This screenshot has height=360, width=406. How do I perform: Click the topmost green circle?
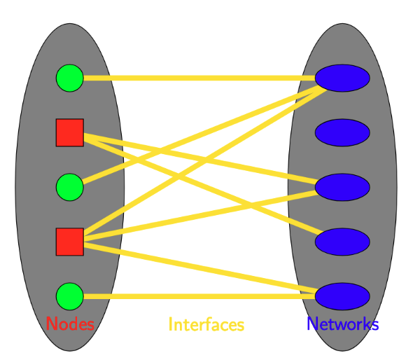[x=69, y=78]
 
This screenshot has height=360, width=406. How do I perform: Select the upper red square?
[x=69, y=132]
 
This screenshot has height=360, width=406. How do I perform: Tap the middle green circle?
[x=69, y=187]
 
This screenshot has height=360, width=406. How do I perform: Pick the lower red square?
[x=69, y=242]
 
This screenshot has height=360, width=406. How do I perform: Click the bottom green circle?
[x=69, y=296]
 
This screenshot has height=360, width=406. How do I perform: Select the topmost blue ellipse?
[x=342, y=78]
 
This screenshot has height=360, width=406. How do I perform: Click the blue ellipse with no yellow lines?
[x=342, y=132]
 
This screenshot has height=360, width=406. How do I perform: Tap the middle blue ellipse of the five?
[x=342, y=187]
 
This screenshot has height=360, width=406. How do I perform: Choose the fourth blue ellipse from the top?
[x=342, y=242]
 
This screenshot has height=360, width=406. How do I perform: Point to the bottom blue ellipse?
[x=342, y=296]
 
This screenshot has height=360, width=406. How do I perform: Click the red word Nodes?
[x=70, y=324]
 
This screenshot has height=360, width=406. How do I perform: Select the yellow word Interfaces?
[x=206, y=325]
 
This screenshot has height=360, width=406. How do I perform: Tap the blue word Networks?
[x=342, y=324]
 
